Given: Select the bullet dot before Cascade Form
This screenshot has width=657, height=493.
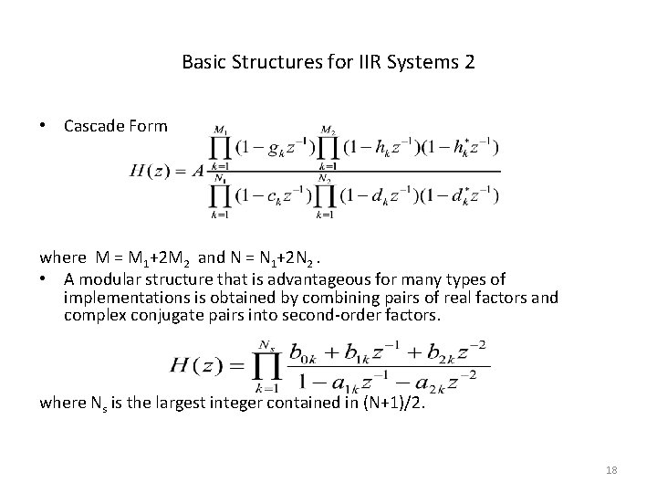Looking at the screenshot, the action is [44, 126].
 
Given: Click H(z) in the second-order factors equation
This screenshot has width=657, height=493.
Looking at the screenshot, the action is [198, 365].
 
